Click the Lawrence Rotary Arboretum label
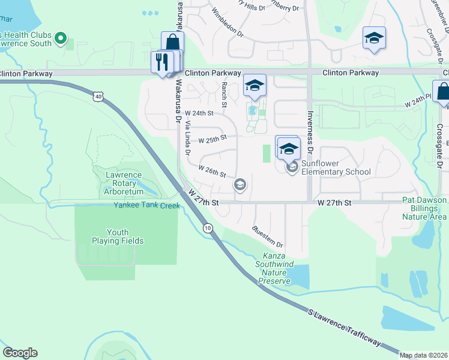(124, 183)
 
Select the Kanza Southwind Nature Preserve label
(274, 268)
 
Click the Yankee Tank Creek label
(147, 205)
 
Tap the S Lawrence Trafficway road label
(344, 327)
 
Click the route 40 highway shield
(98, 96)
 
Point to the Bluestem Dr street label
(268, 236)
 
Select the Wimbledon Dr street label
(228, 20)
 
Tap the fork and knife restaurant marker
(161, 62)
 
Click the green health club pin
(60, 39)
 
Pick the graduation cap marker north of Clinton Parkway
(374, 38)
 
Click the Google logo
(20, 353)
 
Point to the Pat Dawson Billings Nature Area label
(424, 208)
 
